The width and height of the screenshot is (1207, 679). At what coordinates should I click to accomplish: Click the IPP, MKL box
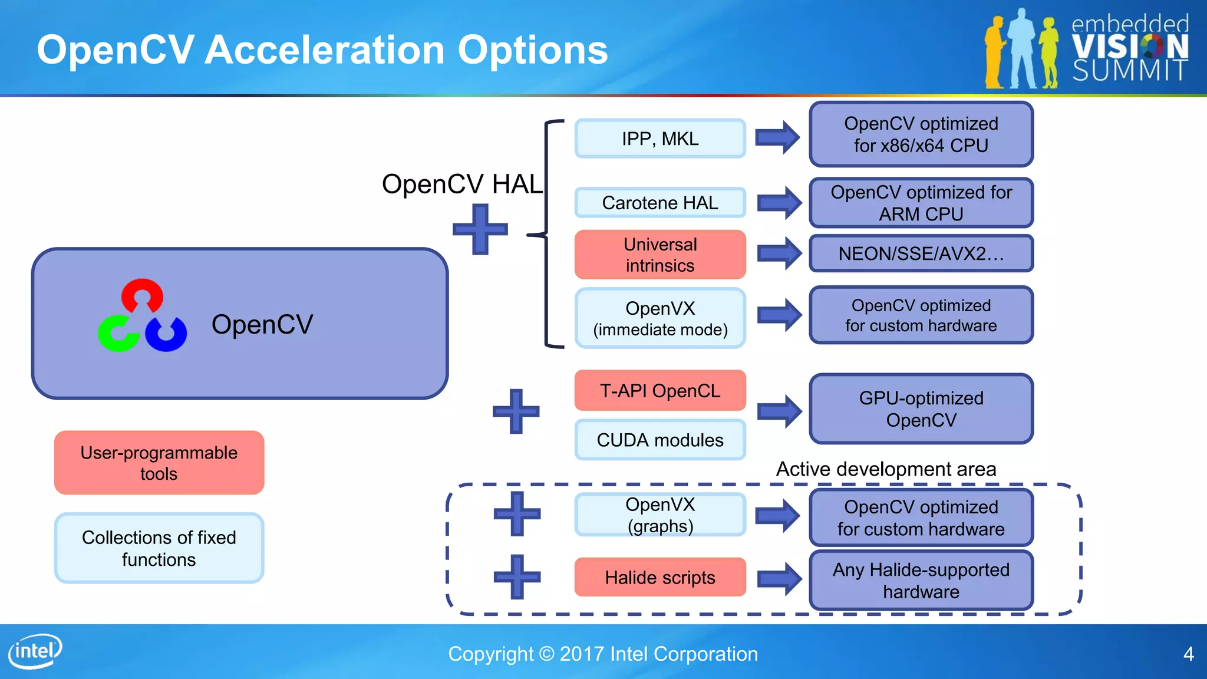[660, 139]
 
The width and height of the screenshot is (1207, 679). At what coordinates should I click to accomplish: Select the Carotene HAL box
[660, 203]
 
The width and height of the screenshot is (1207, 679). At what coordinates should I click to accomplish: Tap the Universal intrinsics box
[660, 255]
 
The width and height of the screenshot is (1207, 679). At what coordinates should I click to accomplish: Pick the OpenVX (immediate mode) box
[660, 318]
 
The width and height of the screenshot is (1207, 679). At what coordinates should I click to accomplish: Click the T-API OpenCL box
[660, 391]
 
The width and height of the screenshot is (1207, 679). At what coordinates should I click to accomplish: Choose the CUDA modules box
[660, 440]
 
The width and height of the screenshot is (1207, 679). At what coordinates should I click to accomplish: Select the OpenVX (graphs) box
[660, 515]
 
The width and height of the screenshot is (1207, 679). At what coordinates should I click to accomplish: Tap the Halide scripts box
[660, 577]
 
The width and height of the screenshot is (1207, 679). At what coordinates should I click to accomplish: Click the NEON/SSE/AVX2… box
[921, 253]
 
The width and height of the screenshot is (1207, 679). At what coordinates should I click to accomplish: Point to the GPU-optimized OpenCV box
[921, 409]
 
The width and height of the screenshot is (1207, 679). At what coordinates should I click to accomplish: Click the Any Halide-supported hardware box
[921, 581]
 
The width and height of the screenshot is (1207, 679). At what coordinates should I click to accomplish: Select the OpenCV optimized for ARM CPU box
[921, 203]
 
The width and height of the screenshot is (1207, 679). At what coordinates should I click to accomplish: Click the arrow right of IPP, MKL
[778, 137]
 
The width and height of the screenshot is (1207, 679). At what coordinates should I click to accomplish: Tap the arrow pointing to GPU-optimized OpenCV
[780, 411]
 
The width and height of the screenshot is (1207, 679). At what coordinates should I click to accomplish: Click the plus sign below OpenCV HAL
[480, 229]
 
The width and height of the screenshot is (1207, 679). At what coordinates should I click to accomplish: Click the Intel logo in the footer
[35, 651]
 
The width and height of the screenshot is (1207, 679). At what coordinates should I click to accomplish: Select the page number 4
[1188, 654]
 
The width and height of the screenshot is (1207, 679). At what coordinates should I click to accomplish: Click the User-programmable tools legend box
[159, 463]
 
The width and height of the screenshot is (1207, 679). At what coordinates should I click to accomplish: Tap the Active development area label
[886, 469]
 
